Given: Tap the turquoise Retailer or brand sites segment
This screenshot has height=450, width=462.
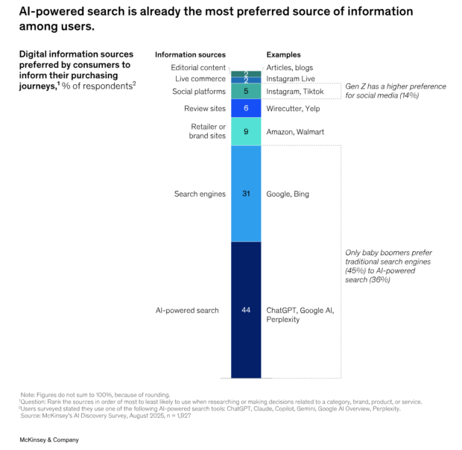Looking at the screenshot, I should click(246, 132).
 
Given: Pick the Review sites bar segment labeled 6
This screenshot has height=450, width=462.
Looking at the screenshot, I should click(246, 108).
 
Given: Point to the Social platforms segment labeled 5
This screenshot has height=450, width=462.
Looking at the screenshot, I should click(246, 92).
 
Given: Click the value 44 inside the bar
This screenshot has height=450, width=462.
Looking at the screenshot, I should click(246, 310).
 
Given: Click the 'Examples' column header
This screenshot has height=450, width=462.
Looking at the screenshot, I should click(283, 54).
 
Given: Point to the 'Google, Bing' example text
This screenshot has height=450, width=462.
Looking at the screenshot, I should click(288, 194).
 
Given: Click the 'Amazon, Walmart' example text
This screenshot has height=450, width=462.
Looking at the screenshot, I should click(296, 132).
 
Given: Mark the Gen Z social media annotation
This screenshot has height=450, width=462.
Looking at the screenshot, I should click(395, 91).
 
